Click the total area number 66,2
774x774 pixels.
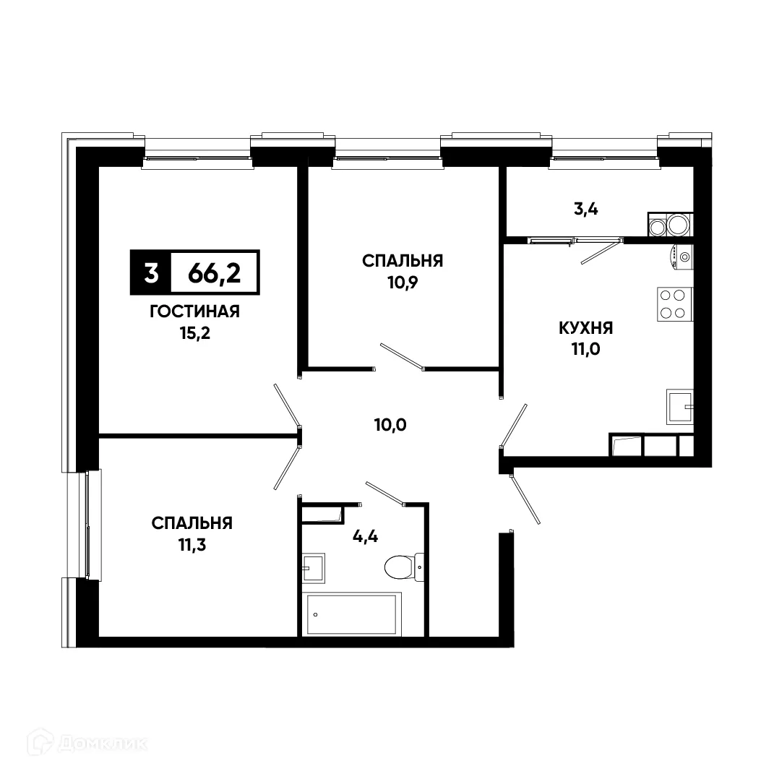point(214,274)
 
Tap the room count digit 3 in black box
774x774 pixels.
point(150,274)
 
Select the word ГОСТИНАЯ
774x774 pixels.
point(194,311)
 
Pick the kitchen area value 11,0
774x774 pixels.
point(585,351)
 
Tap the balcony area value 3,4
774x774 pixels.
point(585,210)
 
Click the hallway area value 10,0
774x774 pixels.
point(391,425)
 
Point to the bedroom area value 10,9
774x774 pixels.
point(403,282)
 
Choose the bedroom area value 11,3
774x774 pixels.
point(192,544)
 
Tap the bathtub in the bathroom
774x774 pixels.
point(353,614)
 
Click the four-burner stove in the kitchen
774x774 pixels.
point(674,304)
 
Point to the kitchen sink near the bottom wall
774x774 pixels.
point(679,407)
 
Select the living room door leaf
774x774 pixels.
point(287,404)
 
